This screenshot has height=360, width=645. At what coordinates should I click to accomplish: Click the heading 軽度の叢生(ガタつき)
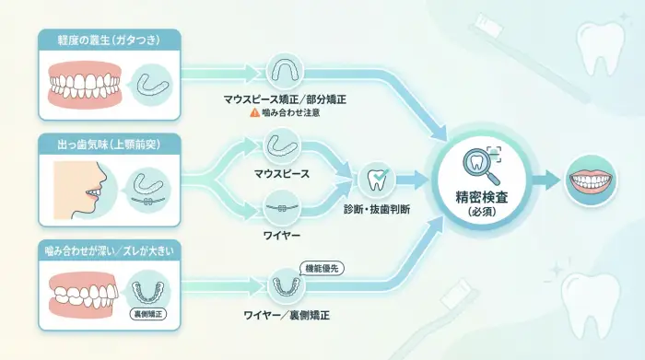[x=109, y=40]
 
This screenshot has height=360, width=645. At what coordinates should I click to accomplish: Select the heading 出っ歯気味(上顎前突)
[x=109, y=144]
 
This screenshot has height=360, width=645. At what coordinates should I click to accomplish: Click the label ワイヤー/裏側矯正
[x=285, y=316]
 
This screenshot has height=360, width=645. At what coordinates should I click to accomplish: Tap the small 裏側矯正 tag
[x=150, y=314]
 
